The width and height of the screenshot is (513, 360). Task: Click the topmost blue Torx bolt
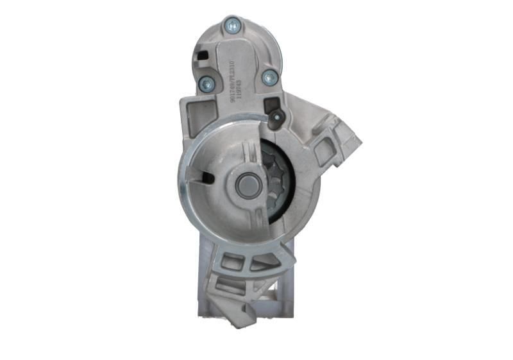coord(232,26)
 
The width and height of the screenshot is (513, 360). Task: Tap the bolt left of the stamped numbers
coord(206,83)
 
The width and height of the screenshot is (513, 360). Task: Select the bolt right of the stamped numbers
coord(270,77)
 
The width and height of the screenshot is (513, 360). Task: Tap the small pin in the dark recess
coord(277,117)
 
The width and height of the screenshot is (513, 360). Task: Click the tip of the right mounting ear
coord(356,142)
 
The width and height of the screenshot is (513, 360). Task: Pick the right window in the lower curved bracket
coord(263,263)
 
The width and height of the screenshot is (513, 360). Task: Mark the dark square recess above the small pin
coord(272,103)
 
